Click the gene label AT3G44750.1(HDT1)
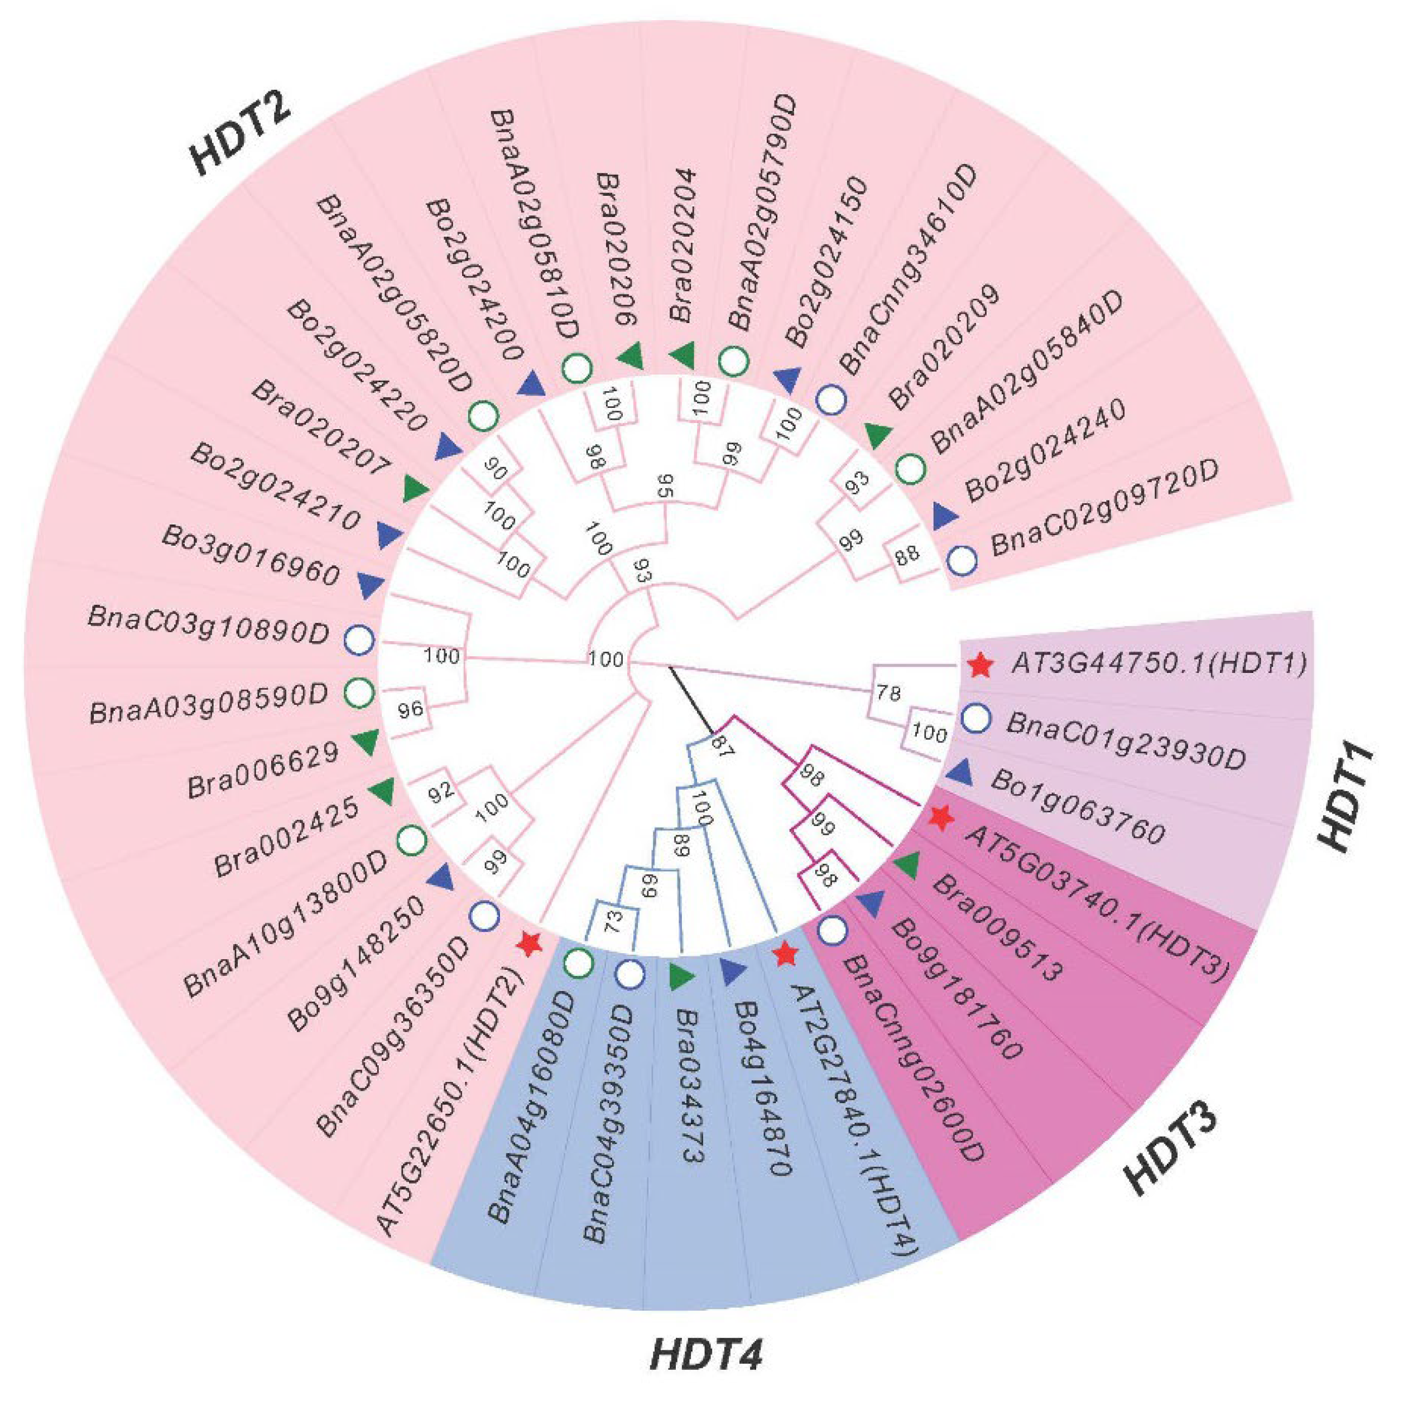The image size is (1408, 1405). tap(1158, 665)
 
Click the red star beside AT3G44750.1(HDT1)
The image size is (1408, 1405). tap(980, 665)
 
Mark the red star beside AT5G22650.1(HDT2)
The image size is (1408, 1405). tap(528, 945)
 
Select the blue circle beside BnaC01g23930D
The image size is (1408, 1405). tap(976, 719)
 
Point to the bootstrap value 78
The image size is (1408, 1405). tap(888, 693)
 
